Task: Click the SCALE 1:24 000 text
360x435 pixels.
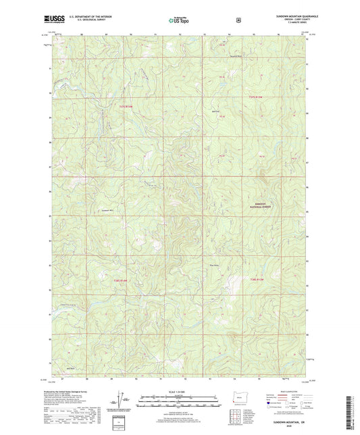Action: coord(180,391)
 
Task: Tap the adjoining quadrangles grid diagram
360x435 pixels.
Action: coord(238,416)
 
